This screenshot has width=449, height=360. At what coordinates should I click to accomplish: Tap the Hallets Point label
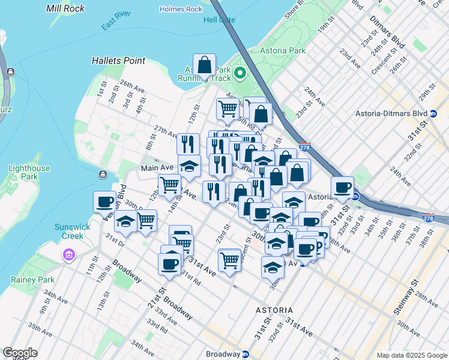119,61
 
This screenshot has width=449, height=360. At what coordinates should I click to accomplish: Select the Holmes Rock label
181,9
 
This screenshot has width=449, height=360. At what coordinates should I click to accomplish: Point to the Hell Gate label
219,20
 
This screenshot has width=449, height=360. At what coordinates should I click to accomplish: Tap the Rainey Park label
35,280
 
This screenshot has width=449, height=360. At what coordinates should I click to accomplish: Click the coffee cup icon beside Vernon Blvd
105,202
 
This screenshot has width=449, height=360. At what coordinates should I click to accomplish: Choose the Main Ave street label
157,168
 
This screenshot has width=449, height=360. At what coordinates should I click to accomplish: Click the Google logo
20,353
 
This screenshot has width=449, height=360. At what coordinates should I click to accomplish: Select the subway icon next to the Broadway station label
245,354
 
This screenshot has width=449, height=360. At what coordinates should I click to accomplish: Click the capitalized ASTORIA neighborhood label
274,310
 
